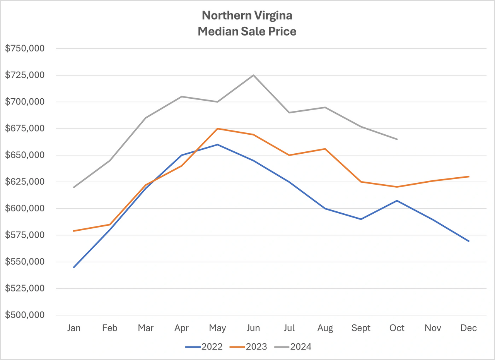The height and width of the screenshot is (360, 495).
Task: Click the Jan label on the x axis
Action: [74, 328]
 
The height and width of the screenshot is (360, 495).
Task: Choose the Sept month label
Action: [361, 328]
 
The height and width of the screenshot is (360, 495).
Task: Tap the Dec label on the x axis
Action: [469, 328]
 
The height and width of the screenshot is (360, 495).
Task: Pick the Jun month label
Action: [253, 328]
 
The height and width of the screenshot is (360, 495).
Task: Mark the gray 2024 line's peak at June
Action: [253, 75]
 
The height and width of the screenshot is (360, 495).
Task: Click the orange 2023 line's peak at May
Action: [217, 129]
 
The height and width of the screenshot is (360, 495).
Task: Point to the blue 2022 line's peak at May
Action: [217, 144]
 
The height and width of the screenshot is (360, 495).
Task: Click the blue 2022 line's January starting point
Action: [74, 267]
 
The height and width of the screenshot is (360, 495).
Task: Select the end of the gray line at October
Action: [397, 139]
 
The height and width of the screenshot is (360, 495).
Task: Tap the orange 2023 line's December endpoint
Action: [469, 177]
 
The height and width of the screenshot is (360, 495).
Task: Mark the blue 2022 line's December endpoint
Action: [469, 241]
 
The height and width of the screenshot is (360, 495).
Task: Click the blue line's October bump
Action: [397, 201]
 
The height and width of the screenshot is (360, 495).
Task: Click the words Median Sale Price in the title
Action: [247, 31]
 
